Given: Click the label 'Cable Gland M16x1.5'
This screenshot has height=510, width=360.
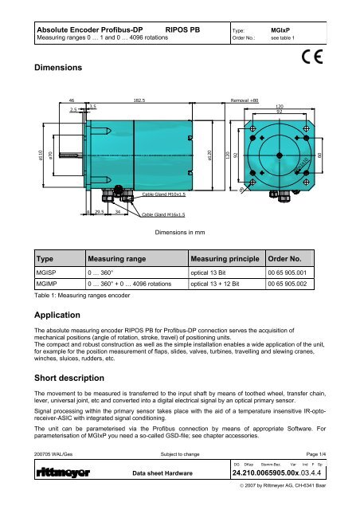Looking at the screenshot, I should [164, 214].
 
